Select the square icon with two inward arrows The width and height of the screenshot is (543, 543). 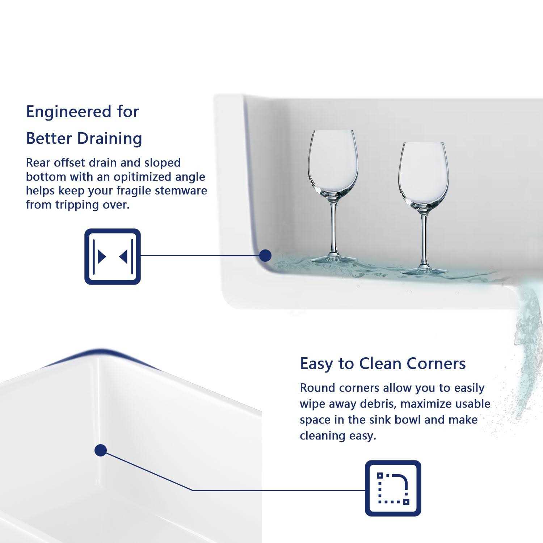pyautogui.click(x=113, y=256)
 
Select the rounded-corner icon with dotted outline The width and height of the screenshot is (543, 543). pyautogui.click(x=393, y=488)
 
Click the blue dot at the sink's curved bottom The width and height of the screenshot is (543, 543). pyautogui.click(x=265, y=256)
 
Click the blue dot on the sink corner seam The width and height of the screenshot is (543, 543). pyautogui.click(x=100, y=451)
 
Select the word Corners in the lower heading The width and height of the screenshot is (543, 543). pyautogui.click(x=436, y=363)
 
